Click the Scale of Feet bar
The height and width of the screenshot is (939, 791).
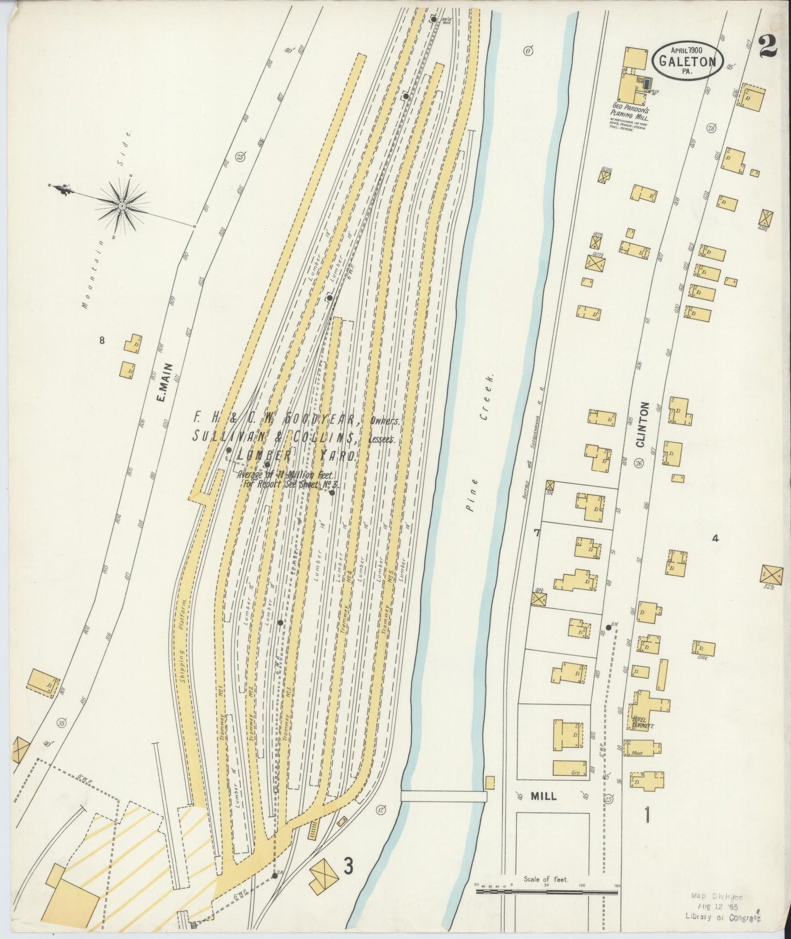pyautogui.click(x=547, y=892)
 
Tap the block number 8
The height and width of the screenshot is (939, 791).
pyautogui.click(x=101, y=340)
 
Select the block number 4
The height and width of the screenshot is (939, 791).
pyautogui.click(x=714, y=538)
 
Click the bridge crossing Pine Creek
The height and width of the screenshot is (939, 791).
pyautogui.click(x=443, y=796)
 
